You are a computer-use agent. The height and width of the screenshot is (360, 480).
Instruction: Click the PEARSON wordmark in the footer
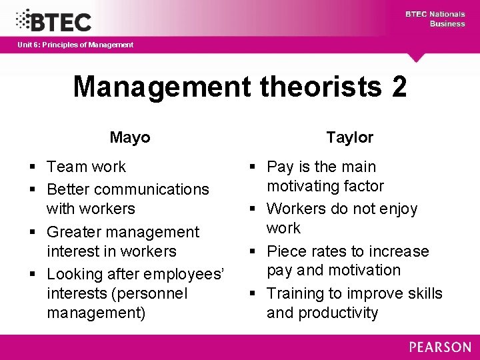pos(439,347)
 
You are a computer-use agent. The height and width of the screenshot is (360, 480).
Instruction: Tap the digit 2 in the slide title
pos(399,87)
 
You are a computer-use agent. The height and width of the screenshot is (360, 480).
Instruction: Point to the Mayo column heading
pos(130,137)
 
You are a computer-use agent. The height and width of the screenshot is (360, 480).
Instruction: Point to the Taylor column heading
pos(350,137)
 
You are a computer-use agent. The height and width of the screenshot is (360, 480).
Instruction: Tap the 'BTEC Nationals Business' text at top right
pos(435,19)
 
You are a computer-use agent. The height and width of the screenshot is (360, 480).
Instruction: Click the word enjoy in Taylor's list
pos(395,209)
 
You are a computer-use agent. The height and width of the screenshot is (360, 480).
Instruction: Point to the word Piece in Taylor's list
pos(286,251)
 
